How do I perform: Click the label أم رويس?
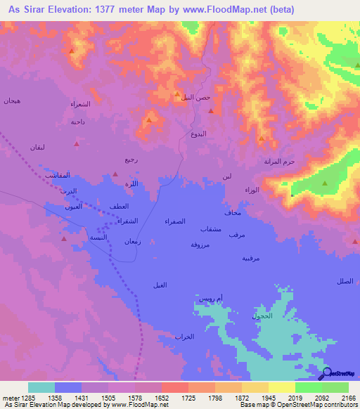210,299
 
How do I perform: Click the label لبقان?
37,148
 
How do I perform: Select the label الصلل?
345,281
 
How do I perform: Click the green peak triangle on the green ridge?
325,184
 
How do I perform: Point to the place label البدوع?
199,133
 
